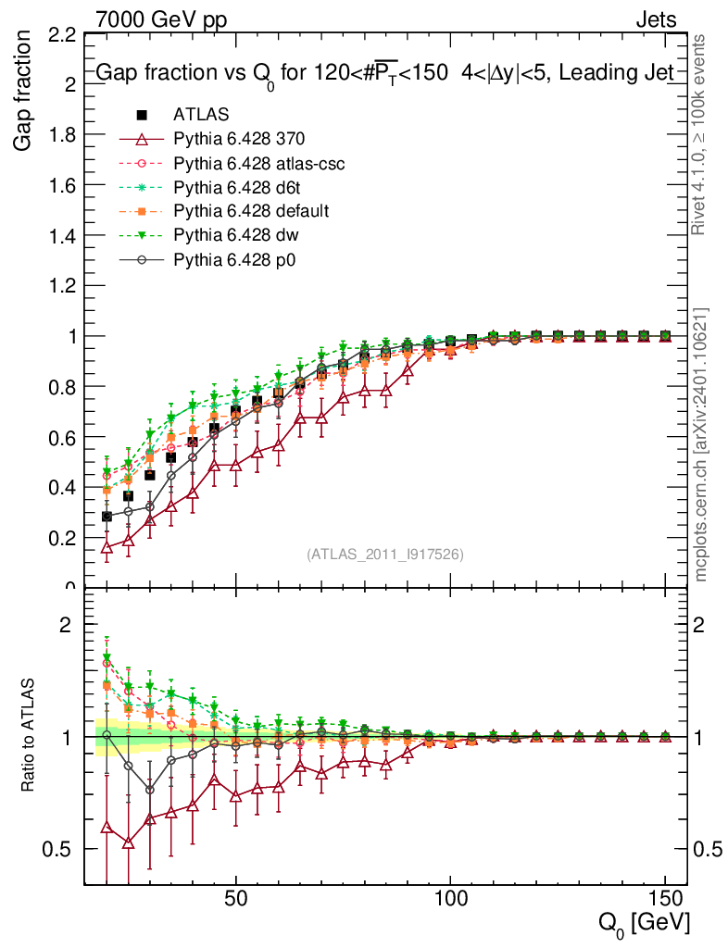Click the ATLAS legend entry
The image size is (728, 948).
(x=201, y=115)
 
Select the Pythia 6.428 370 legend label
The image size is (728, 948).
(x=239, y=139)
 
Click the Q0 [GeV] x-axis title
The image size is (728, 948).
(x=644, y=924)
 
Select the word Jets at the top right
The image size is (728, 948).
(x=655, y=19)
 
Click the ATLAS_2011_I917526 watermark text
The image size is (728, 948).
(x=385, y=555)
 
